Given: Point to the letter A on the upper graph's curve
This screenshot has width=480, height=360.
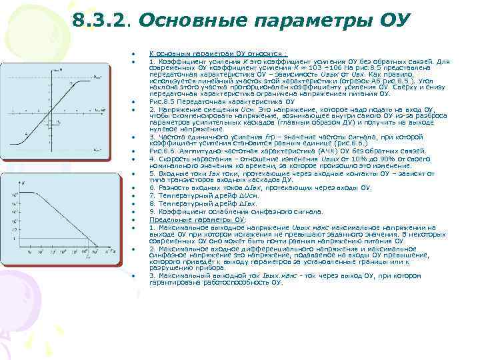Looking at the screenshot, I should click(27, 133).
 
